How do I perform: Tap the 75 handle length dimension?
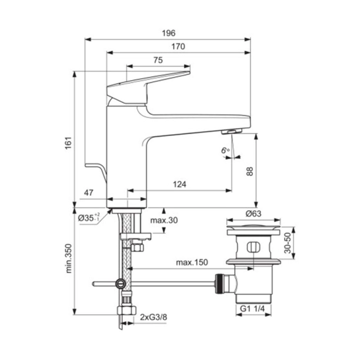coord(158,60)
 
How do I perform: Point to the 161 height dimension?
coord(68,143)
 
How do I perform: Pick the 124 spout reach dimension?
coord(179,185)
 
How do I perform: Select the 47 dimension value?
coord(89,192)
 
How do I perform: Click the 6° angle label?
coord(225,151)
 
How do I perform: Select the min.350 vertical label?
coord(68,259)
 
